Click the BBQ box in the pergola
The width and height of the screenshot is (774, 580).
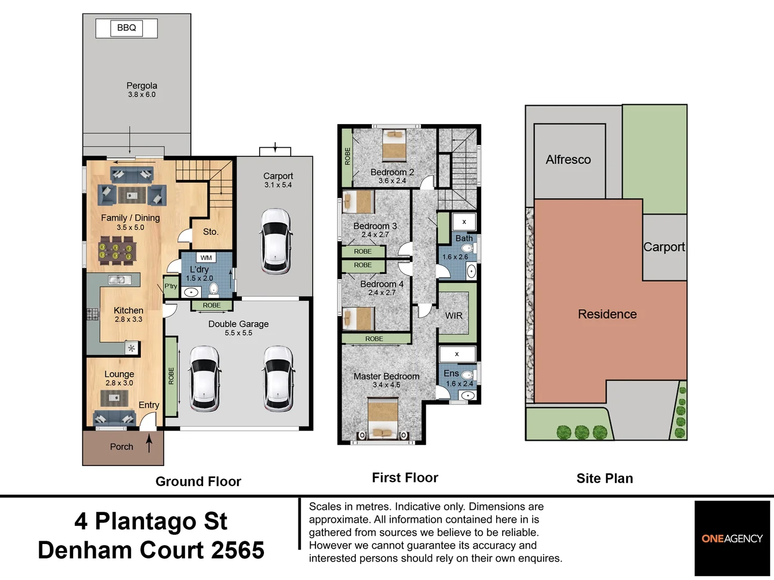(x=127, y=28)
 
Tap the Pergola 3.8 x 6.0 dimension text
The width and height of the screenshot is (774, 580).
(x=142, y=95)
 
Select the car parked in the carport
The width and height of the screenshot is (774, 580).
(x=276, y=241)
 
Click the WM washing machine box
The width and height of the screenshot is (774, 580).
(x=206, y=258)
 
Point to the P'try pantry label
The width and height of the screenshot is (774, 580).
(x=171, y=286)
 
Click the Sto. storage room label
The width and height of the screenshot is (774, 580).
(x=211, y=231)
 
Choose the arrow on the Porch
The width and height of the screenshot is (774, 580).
(x=149, y=443)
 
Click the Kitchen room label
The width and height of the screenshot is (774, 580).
(x=128, y=310)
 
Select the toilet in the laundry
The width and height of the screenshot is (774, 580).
(x=213, y=289)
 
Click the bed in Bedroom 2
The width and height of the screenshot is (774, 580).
(x=395, y=146)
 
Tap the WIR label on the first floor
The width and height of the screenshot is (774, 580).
(x=454, y=316)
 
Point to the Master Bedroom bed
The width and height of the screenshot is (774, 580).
(x=383, y=419)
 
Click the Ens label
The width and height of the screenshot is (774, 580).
(x=451, y=373)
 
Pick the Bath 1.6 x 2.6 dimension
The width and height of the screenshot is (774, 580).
(x=455, y=257)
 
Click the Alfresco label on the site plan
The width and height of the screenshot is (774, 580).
(x=568, y=160)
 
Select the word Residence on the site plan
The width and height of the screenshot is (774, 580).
(x=607, y=314)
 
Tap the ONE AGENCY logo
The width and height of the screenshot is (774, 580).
(x=732, y=539)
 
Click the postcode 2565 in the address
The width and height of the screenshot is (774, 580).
(x=238, y=550)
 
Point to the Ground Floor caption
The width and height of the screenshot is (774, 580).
(x=198, y=481)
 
